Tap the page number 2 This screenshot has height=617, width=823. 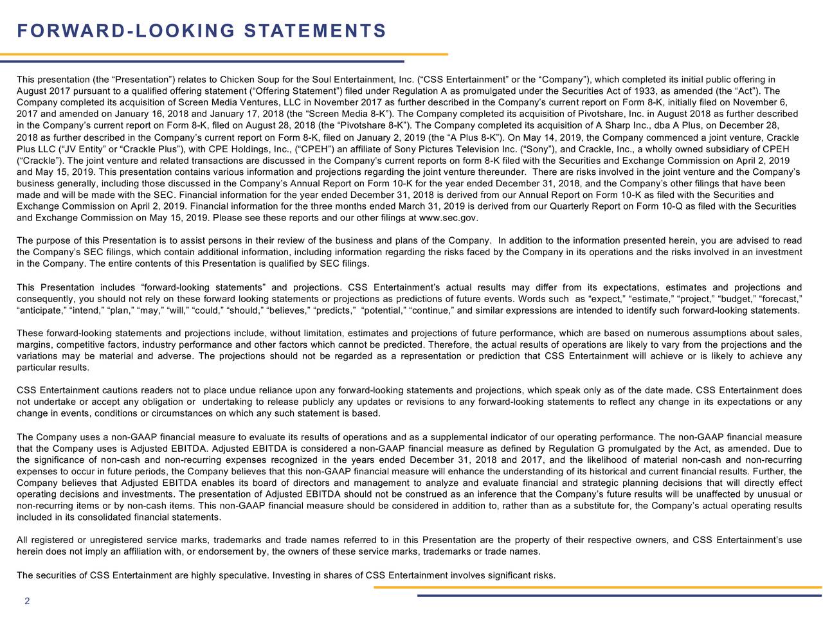26,602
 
